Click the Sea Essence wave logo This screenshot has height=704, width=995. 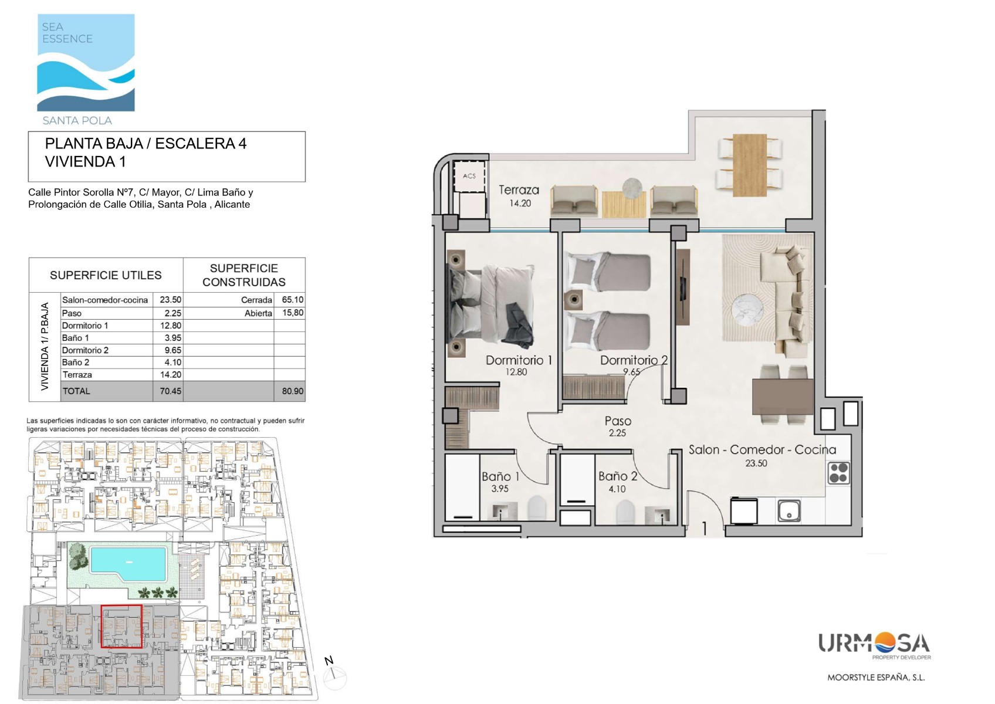point(86,62)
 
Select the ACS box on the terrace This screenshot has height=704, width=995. point(469,177)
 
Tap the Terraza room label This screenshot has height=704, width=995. point(519,190)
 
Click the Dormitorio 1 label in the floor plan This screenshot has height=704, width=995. point(519,360)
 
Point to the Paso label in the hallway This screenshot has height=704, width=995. point(618,421)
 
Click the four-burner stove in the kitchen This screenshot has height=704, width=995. point(838,473)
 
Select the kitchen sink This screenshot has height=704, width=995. point(789,510)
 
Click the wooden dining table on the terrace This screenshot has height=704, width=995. point(750,165)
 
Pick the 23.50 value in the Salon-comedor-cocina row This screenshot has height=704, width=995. point(171,300)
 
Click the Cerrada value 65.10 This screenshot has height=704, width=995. point(293,299)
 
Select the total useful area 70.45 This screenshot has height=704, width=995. point(171,391)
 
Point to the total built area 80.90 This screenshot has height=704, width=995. point(293,391)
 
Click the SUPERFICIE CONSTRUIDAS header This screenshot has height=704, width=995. point(244,275)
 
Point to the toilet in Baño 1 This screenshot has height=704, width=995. point(537,507)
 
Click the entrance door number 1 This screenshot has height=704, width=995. point(705,527)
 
